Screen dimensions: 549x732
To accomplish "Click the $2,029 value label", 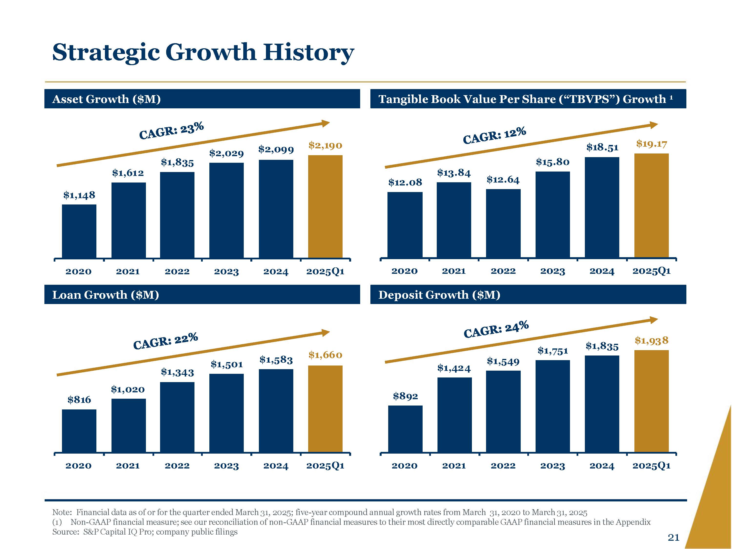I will (x=226, y=153).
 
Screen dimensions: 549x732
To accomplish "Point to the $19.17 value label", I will (x=651, y=144).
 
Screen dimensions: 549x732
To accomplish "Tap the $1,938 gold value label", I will (x=651, y=341).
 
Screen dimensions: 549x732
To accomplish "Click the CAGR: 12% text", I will (x=494, y=136).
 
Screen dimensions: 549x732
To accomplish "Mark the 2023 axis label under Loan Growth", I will (x=226, y=466).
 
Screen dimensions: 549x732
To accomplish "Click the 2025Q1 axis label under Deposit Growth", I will (x=651, y=466).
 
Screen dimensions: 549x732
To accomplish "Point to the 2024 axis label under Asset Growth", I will (x=276, y=272).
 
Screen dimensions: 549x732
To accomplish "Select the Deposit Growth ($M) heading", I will (x=439, y=295).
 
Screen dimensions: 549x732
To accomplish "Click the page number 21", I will (x=673, y=538).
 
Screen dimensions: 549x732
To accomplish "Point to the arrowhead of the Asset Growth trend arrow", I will (x=326, y=123).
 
